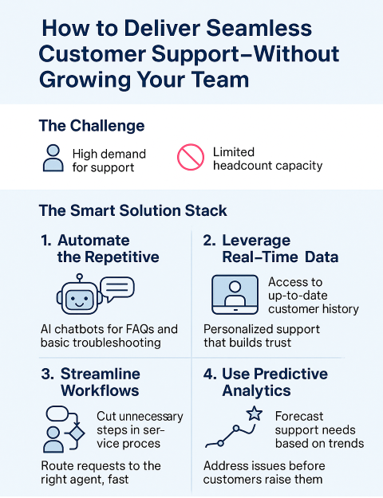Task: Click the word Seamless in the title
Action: (259, 28)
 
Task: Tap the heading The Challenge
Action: (92, 126)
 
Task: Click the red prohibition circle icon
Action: (191, 157)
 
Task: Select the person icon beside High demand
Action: (53, 159)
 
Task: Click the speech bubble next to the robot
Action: (117, 288)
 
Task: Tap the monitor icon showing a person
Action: (235, 294)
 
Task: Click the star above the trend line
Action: (255, 414)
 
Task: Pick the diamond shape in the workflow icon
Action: (76, 433)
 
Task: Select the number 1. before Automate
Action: (45, 241)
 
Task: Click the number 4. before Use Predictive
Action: (210, 374)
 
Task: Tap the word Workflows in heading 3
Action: (100, 390)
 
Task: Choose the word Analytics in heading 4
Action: (256, 390)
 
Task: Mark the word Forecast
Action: (299, 416)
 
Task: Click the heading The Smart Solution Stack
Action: (133, 210)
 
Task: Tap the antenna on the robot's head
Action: (80, 278)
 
